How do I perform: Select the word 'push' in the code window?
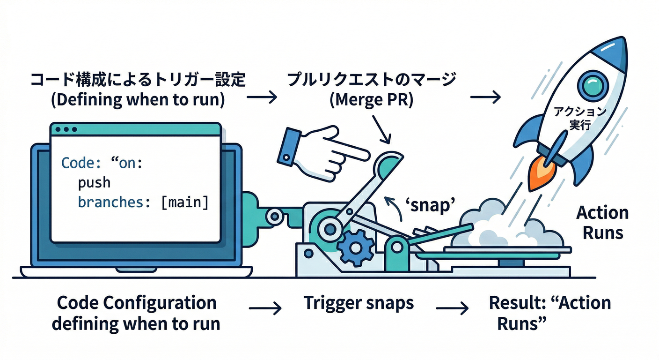[x=94, y=183]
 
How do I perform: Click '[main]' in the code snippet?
[x=184, y=203]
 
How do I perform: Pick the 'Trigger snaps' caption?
[x=359, y=303]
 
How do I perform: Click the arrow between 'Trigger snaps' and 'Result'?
[x=452, y=308]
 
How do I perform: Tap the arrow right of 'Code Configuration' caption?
[x=265, y=308]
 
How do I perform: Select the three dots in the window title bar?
[x=66, y=129]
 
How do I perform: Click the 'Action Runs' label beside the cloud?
[x=602, y=222]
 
